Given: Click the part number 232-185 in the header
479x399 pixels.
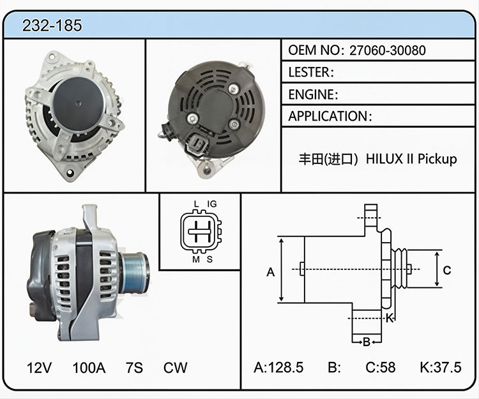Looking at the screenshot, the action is [52, 26].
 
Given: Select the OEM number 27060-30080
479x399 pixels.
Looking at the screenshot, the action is [388, 50].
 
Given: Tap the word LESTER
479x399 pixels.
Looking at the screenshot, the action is [309, 72].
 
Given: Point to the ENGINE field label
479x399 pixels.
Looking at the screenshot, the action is [311, 94].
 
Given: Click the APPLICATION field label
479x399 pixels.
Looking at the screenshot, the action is [328, 116].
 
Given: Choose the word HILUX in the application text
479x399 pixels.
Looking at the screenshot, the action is [384, 159].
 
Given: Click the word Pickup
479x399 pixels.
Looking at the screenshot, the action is [437, 160].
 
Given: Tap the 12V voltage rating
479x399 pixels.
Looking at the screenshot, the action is [39, 368].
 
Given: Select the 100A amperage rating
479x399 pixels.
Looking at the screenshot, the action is [89, 368].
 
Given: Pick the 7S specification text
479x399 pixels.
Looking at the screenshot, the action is [134, 368].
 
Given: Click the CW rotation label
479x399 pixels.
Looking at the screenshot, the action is [175, 368].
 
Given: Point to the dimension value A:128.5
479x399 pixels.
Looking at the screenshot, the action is [278, 367].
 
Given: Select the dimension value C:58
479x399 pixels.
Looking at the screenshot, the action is [381, 367].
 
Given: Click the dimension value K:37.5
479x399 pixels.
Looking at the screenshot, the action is [441, 367].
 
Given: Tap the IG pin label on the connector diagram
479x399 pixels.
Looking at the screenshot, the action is [212, 204].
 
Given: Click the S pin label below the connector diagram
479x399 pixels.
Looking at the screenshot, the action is [209, 259].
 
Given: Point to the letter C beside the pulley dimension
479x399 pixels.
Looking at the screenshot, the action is [447, 270].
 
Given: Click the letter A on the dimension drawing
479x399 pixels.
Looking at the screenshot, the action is [271, 272].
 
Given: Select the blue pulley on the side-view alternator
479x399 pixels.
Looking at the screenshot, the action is [134, 273].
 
